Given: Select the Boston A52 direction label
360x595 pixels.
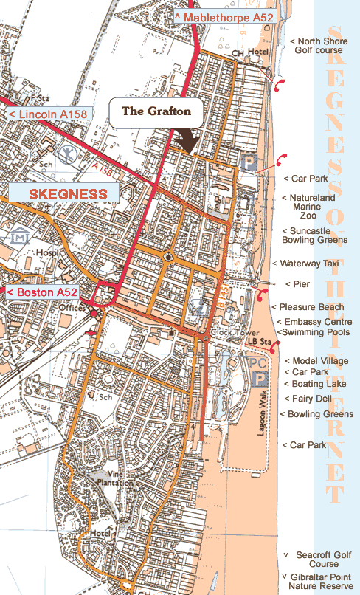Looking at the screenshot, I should click(44, 292).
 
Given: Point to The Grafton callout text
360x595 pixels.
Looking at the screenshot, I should click(156, 111).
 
